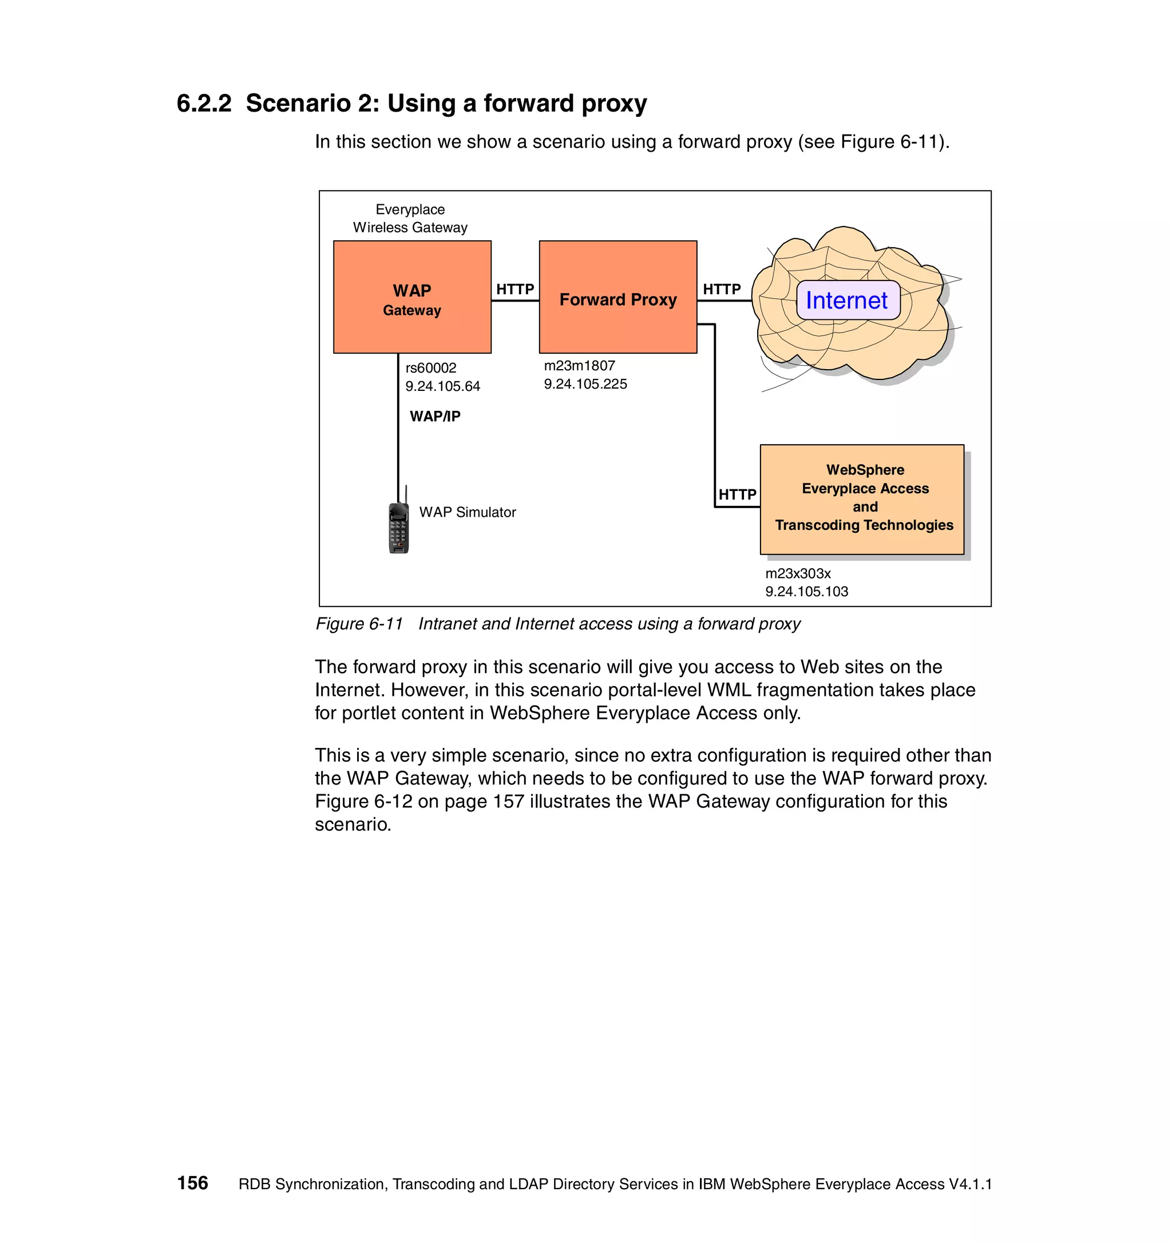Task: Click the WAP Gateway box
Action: tap(412, 297)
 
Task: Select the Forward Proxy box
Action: tap(617, 297)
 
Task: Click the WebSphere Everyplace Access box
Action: tap(862, 499)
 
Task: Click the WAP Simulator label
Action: tap(467, 512)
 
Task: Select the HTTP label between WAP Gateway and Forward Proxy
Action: tap(515, 289)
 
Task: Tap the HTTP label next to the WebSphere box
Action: tap(737, 494)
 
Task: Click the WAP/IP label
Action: tap(435, 417)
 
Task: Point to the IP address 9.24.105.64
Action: tap(442, 386)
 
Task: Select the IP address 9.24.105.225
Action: tap(585, 384)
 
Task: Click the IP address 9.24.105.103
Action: tap(806, 592)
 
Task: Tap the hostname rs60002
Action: tap(431, 367)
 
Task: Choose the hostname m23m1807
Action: tap(580, 366)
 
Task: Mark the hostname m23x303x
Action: tap(798, 573)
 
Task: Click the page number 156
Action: tap(192, 1183)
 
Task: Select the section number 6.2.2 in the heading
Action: tap(204, 103)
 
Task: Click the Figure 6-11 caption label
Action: tap(359, 624)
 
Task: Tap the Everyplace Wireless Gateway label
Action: tap(410, 218)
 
